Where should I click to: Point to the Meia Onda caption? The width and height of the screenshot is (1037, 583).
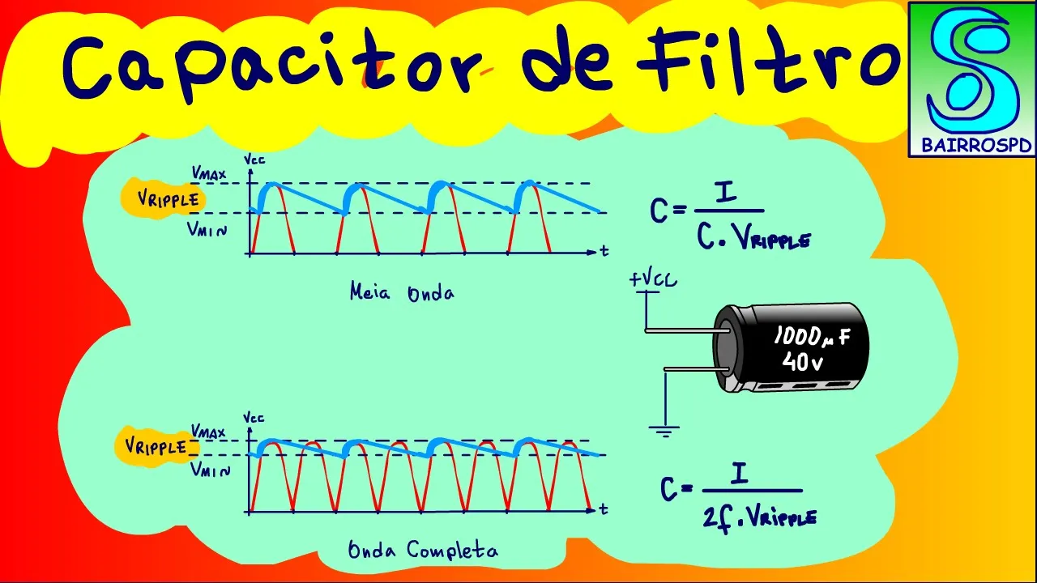click(401, 292)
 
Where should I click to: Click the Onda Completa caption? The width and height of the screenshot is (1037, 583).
click(422, 551)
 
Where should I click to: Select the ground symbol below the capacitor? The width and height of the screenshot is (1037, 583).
click(664, 431)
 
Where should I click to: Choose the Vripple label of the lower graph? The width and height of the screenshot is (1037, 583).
click(156, 448)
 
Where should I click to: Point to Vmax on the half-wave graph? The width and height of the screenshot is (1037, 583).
click(208, 172)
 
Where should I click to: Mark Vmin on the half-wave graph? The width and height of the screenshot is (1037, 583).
click(207, 230)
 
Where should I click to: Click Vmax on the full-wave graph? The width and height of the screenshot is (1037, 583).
click(208, 432)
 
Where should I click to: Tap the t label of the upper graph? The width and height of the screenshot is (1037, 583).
click(604, 252)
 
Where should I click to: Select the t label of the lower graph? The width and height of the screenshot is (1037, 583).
click(604, 510)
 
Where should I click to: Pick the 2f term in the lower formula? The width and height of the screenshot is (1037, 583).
click(717, 517)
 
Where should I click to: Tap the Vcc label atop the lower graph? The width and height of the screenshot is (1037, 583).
click(254, 418)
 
